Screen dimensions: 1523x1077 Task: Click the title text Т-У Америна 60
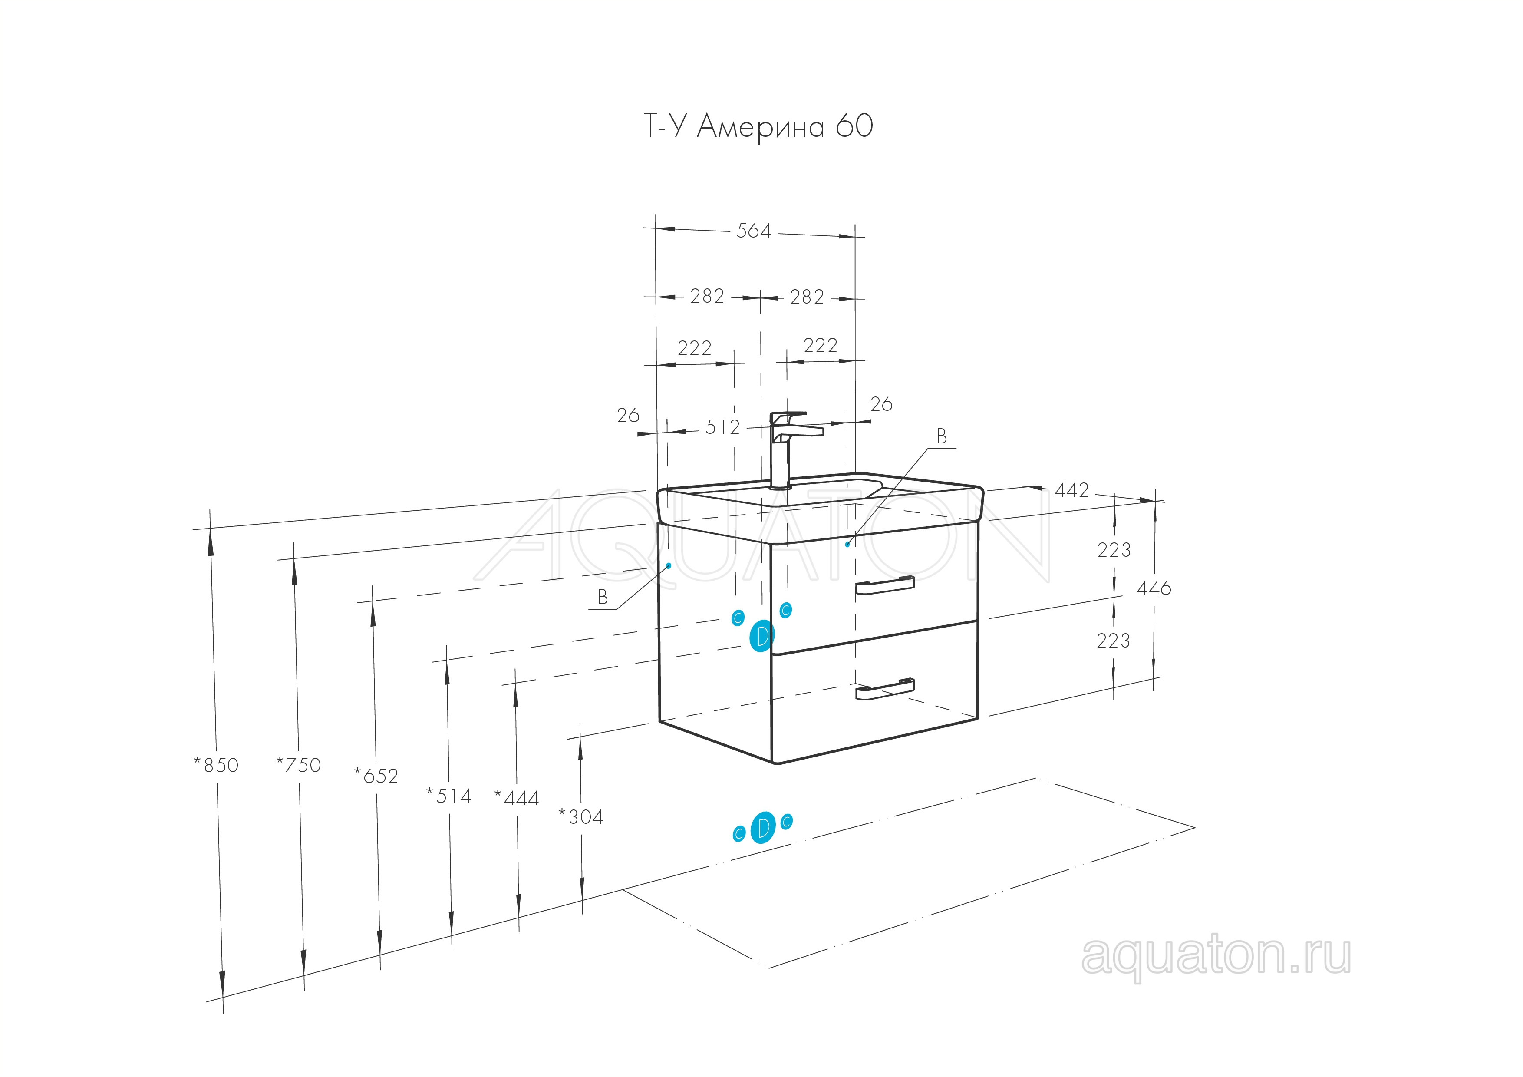tap(758, 126)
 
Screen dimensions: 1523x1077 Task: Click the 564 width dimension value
tap(754, 231)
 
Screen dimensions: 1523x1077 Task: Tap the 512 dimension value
tap(722, 427)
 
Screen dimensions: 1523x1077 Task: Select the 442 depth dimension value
tap(1071, 490)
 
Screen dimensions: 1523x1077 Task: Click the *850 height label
tap(216, 765)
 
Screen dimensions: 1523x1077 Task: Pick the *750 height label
tap(299, 765)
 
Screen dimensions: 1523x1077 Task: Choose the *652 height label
tap(376, 775)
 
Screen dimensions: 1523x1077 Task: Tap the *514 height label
tap(448, 795)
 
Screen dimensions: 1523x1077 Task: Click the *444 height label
tap(517, 798)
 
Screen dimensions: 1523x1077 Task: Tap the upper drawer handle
tap(885, 585)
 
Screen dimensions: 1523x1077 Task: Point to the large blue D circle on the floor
tap(764, 827)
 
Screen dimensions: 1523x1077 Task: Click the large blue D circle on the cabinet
tap(761, 636)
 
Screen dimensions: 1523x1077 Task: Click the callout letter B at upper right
tap(941, 436)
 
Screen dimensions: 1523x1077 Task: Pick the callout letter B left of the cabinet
tap(602, 597)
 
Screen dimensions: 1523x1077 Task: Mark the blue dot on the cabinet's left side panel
tap(669, 565)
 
